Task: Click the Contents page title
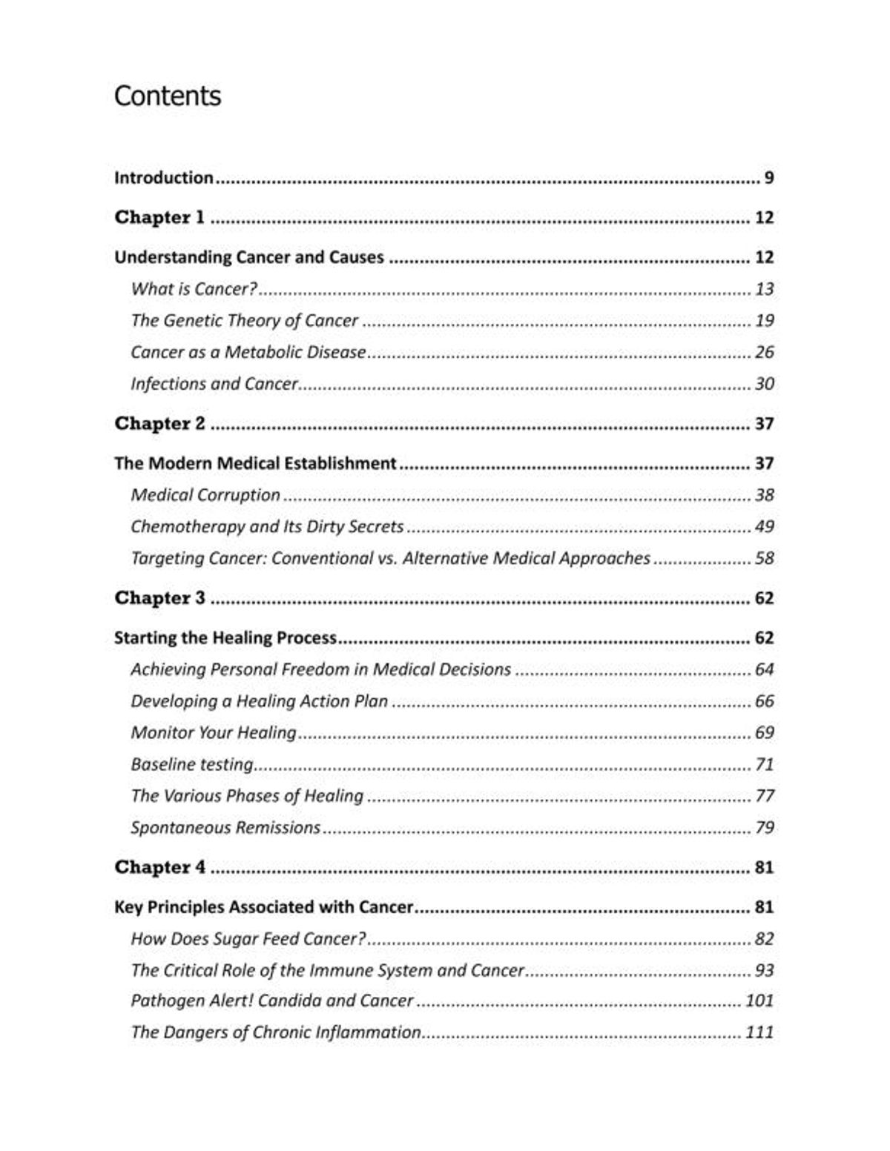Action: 168,96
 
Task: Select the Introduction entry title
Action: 164,178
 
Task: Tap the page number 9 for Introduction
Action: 768,178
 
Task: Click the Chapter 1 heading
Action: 159,218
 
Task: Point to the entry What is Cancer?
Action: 194,289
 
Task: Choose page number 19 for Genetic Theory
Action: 764,321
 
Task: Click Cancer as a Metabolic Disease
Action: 248,352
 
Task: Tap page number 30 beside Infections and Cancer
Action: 764,384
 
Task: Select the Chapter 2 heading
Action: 159,424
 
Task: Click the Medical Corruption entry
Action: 205,495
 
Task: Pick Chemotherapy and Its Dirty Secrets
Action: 267,527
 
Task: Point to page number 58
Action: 764,558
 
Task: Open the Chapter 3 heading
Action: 159,598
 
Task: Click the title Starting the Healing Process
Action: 225,638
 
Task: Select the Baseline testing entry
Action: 192,764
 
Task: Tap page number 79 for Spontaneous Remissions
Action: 764,827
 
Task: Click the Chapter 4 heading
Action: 159,867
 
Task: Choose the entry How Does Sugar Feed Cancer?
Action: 248,939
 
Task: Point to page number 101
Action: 759,1001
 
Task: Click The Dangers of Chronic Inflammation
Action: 276,1032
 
